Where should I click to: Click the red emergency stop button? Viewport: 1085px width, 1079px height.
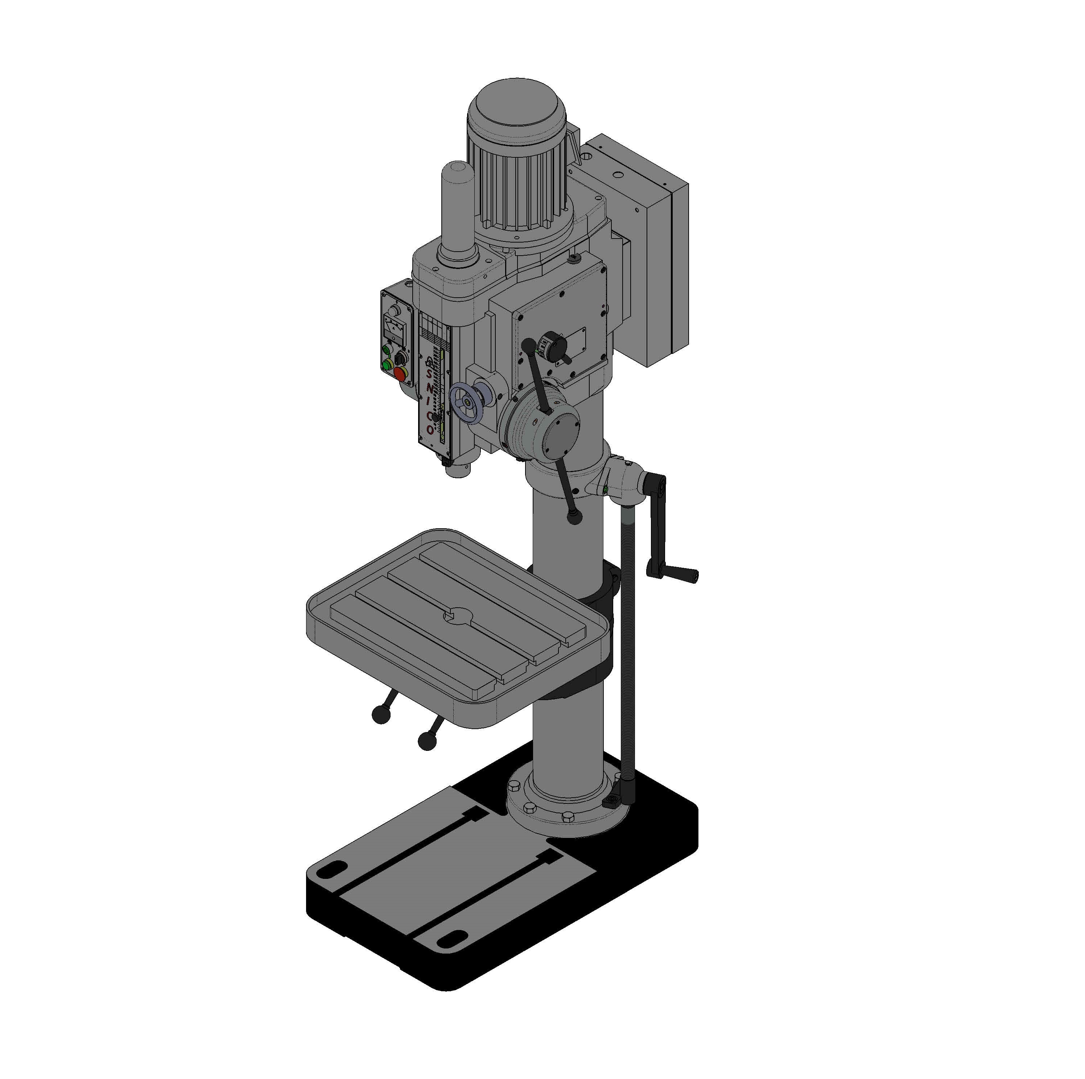coord(400,374)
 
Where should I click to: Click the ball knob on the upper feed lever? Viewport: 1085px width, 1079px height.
coord(528,344)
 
